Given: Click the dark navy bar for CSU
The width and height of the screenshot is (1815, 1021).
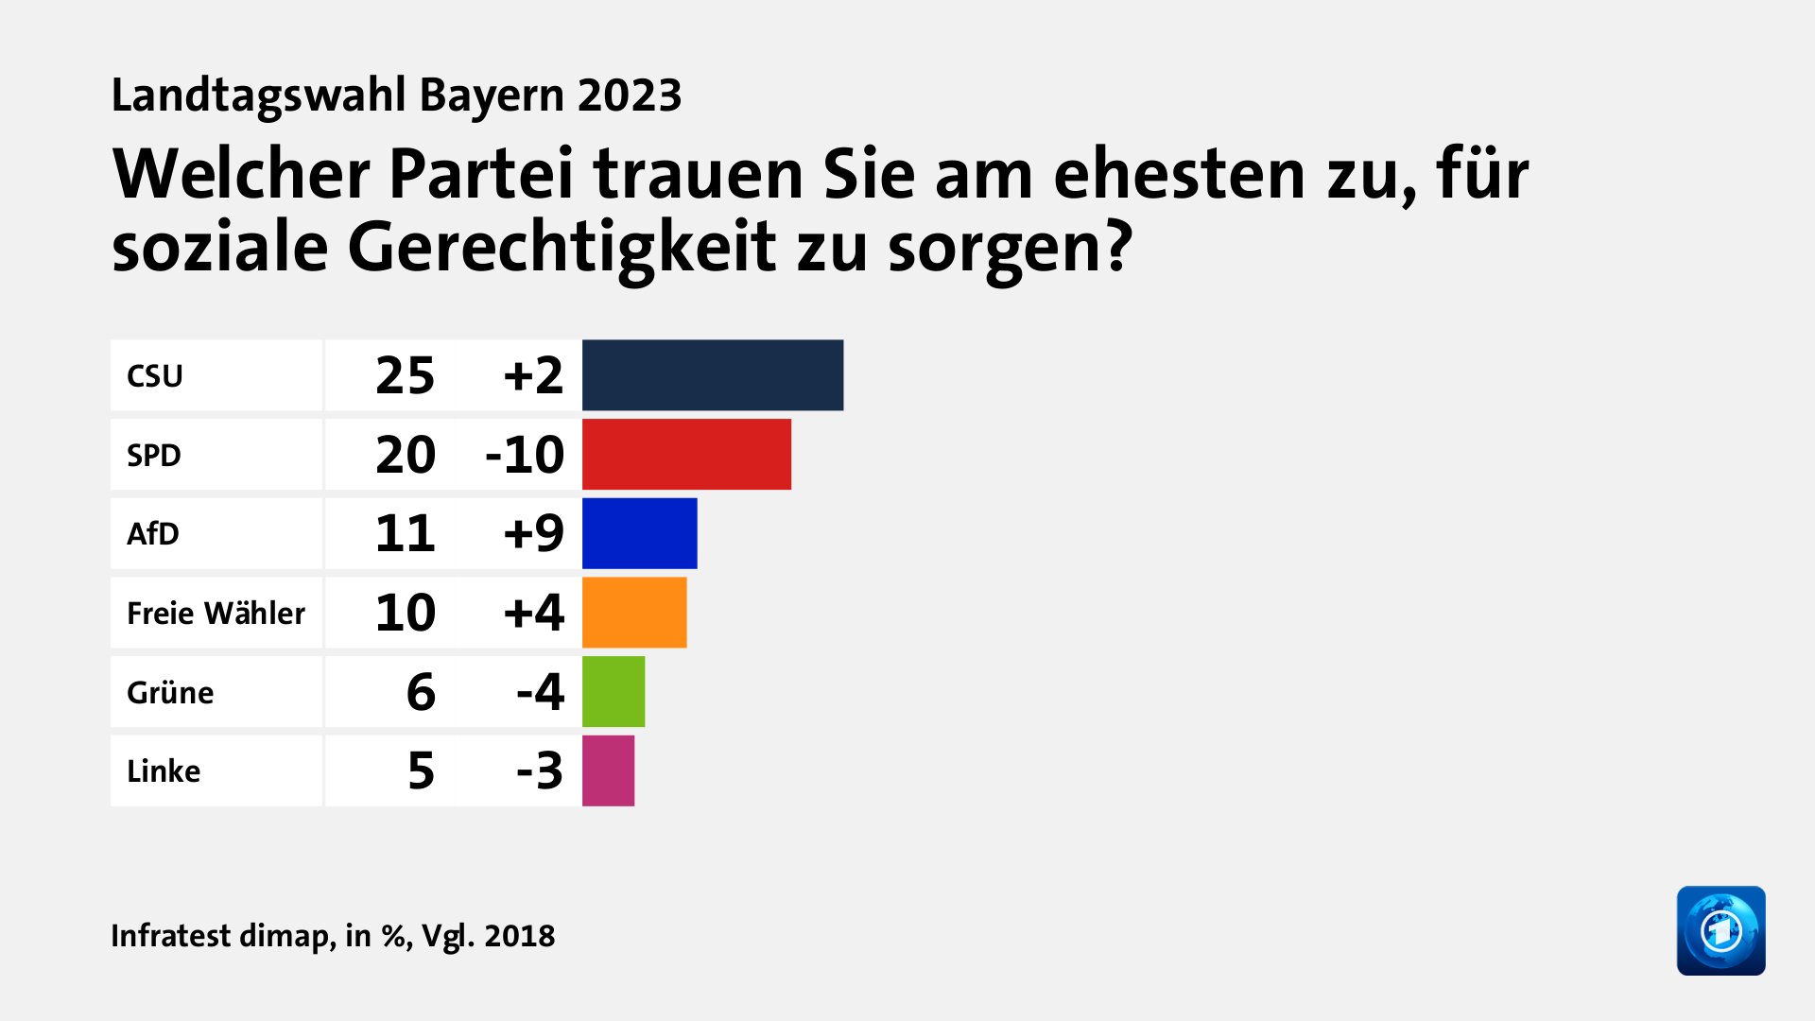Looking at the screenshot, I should tap(712, 375).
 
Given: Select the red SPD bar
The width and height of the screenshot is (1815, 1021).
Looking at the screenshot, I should tap(686, 455).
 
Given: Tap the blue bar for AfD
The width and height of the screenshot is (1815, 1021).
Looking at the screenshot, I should tap(639, 533).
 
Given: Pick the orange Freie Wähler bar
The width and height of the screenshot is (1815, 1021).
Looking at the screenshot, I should tap(634, 613).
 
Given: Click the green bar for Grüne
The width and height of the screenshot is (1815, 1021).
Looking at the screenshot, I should tap(614, 692).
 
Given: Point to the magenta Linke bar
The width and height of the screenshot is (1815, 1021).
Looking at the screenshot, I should tap(608, 770).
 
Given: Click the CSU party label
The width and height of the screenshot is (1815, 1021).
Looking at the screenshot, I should tap(155, 376).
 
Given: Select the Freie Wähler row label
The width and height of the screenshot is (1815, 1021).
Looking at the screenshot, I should tap(216, 614).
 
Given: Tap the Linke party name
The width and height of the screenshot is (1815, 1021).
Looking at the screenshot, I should tap(164, 771).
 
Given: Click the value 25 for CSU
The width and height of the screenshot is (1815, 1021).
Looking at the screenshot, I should tap(405, 376).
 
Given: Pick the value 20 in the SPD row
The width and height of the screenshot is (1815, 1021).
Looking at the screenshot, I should tap(405, 455).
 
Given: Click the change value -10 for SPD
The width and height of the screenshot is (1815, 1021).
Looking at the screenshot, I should tap(525, 455).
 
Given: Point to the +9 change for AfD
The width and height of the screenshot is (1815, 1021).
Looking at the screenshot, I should tap(533, 533).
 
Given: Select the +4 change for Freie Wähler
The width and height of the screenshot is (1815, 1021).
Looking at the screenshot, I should tap(533, 613).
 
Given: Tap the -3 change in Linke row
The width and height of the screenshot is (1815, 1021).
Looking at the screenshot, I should tap(540, 770).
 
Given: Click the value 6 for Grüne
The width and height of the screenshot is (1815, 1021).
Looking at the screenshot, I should tap(421, 692).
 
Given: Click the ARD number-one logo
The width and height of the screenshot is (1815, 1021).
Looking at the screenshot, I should tap(1720, 930).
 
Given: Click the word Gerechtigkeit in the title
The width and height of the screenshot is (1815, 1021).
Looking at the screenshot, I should tap(562, 248).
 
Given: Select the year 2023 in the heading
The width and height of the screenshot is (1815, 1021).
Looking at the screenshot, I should tap(630, 95).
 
